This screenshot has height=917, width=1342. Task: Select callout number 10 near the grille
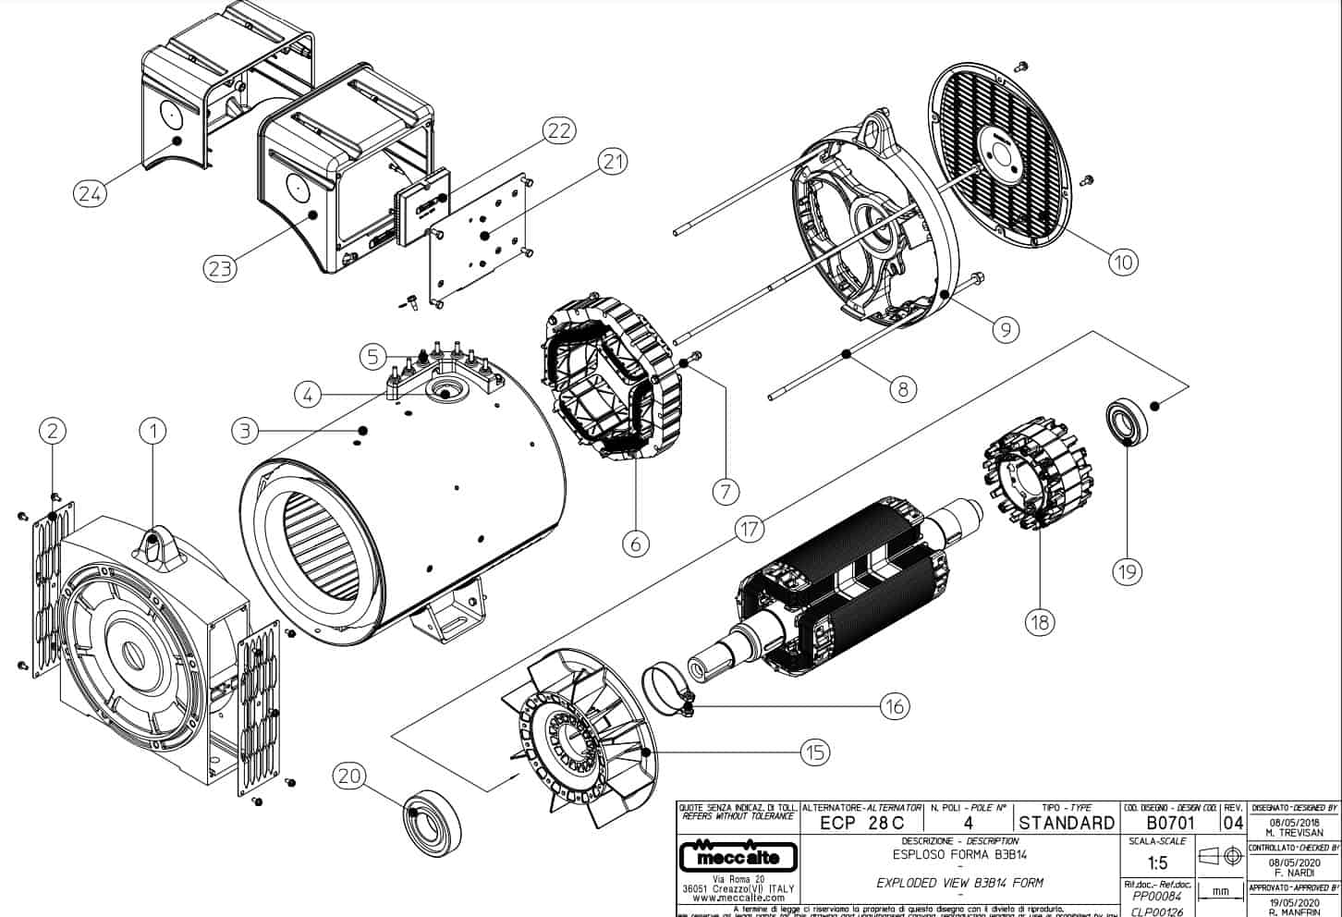pyautogui.click(x=1122, y=262)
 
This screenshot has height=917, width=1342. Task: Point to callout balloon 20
pyautogui.click(x=350, y=776)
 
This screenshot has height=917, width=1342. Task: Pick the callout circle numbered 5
pyautogui.click(x=372, y=354)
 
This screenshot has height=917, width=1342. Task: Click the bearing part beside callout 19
pyautogui.click(x=1127, y=422)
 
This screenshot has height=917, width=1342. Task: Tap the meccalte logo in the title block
pyautogui.click(x=736, y=856)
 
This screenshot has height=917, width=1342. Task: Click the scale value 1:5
pyautogui.click(x=1156, y=863)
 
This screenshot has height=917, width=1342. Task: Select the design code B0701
pyautogui.click(x=1170, y=823)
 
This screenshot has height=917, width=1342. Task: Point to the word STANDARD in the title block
pyautogui.click(x=1067, y=823)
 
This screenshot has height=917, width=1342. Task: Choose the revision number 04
pyautogui.click(x=1233, y=823)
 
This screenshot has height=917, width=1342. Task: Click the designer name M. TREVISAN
pyautogui.click(x=1293, y=830)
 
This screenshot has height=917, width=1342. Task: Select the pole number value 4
pyautogui.click(x=968, y=823)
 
